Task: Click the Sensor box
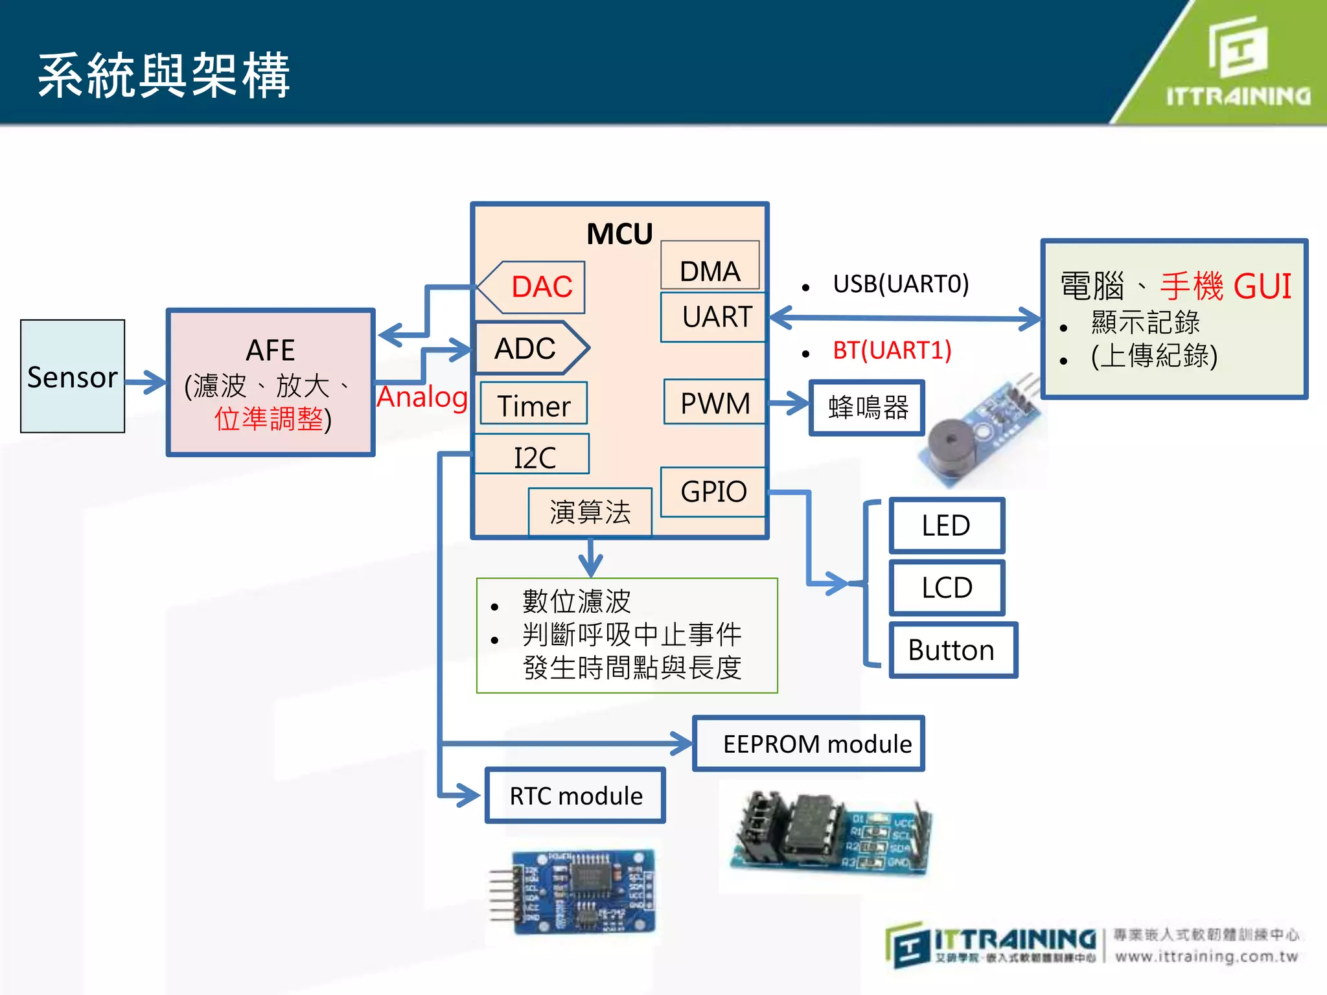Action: (72, 376)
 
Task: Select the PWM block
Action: (715, 402)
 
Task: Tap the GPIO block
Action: (713, 492)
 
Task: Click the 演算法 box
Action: (590, 512)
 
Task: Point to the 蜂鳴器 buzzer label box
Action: (867, 408)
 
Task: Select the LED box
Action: (946, 525)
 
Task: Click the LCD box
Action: (946, 588)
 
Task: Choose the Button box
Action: (952, 650)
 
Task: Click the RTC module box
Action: (575, 795)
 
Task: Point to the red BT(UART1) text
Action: (892, 350)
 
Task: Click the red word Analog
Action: (422, 397)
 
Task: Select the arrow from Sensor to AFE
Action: (145, 382)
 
